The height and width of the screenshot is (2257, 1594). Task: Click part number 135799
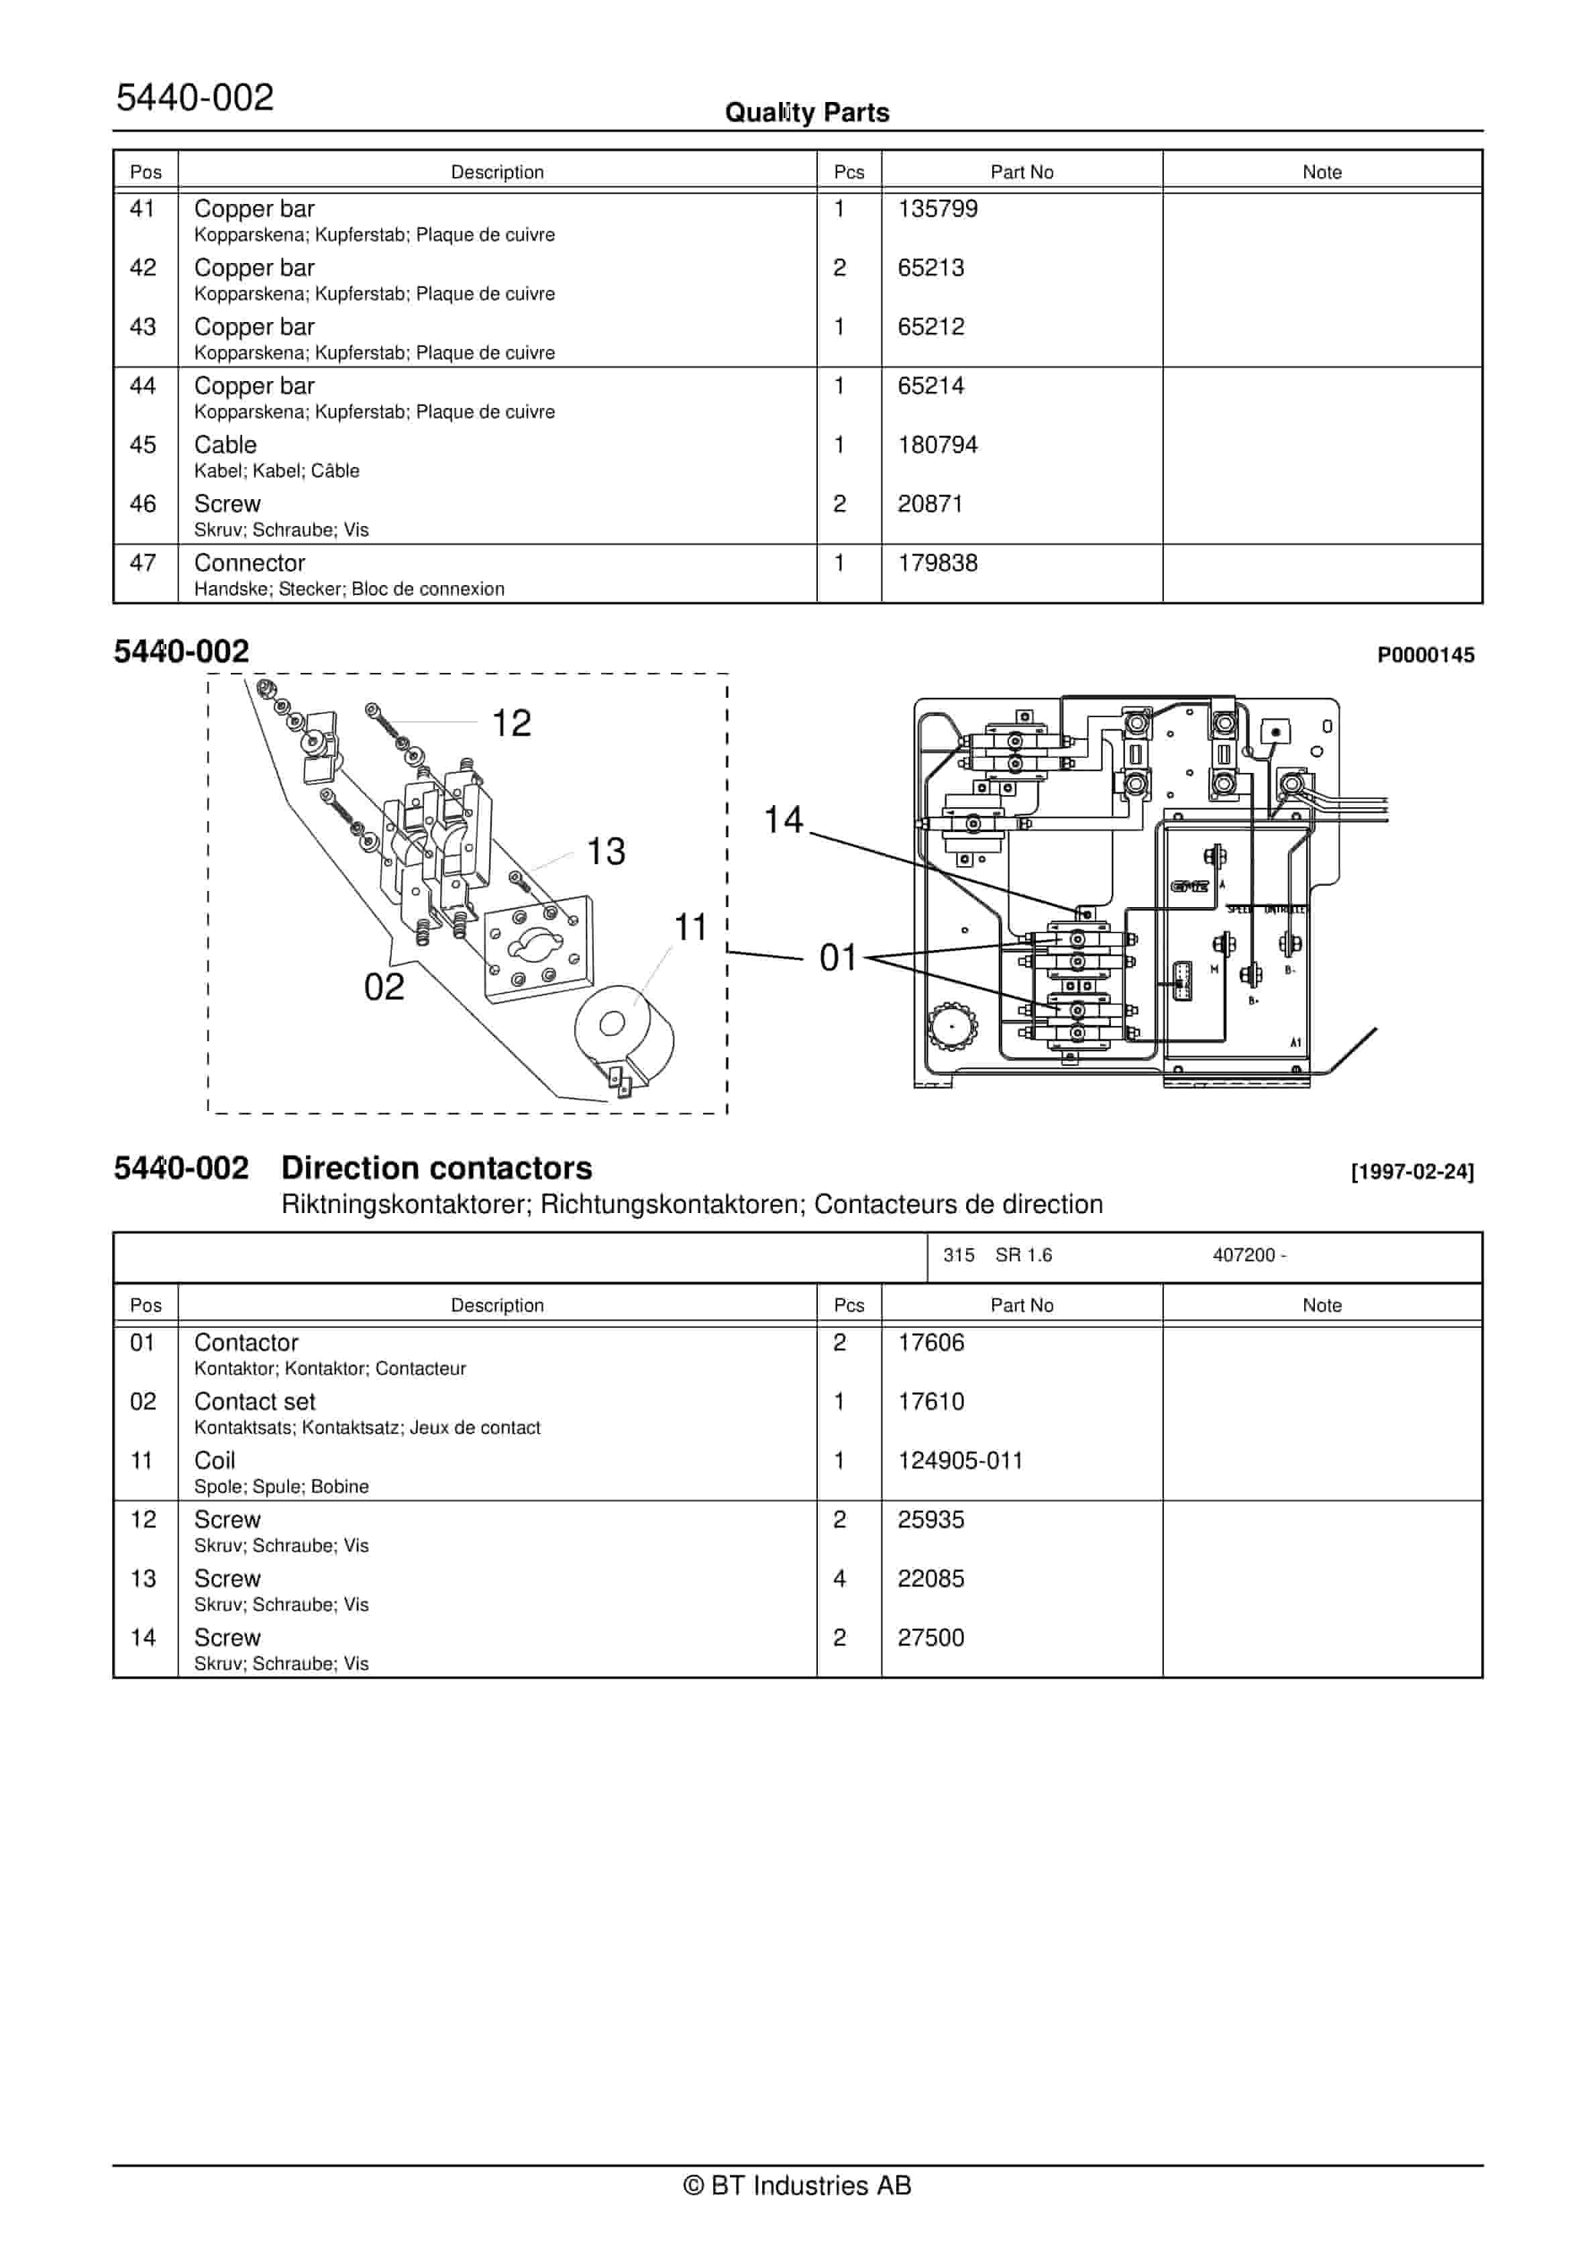(937, 209)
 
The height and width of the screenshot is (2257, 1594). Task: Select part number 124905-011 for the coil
(960, 1461)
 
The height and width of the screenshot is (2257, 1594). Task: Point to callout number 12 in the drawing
(511, 723)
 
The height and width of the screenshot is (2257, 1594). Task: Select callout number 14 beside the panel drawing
(783, 820)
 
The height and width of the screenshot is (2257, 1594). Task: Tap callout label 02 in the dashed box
(384, 987)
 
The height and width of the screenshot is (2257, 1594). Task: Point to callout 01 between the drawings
(839, 957)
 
